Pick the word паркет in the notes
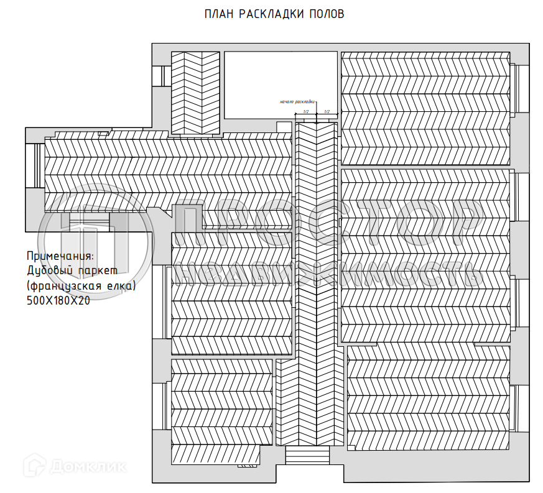click(x=100, y=270)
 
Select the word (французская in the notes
click(x=67, y=285)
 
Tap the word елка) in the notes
click(x=123, y=285)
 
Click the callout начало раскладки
click(x=297, y=101)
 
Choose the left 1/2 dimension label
click(x=305, y=111)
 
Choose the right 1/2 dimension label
click(x=327, y=111)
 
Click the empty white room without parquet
click(x=281, y=85)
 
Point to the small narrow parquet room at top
click(x=195, y=93)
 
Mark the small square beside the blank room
click(x=284, y=127)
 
